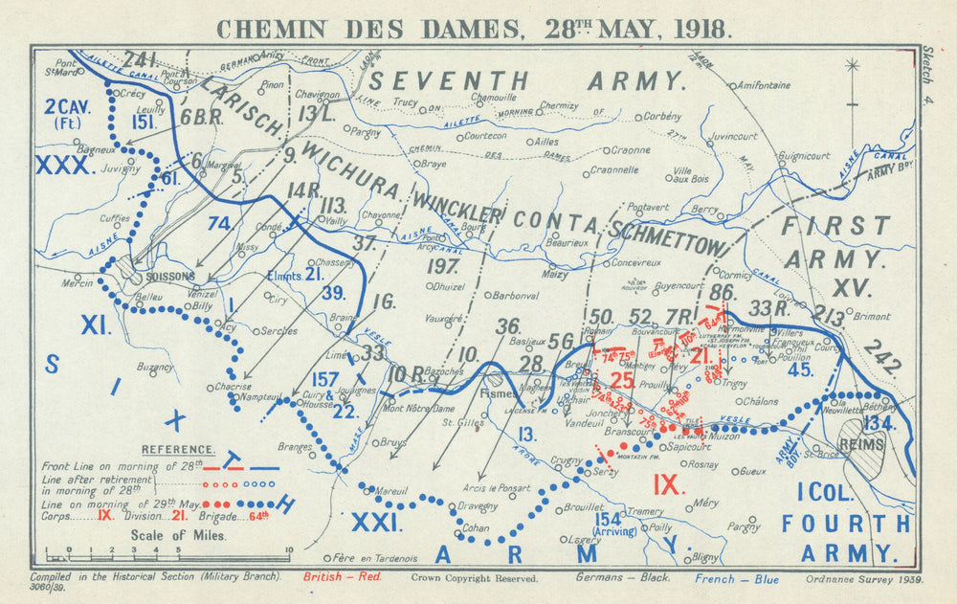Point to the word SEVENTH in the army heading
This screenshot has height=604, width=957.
pos(447,80)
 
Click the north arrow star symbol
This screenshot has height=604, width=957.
pos(852,66)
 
